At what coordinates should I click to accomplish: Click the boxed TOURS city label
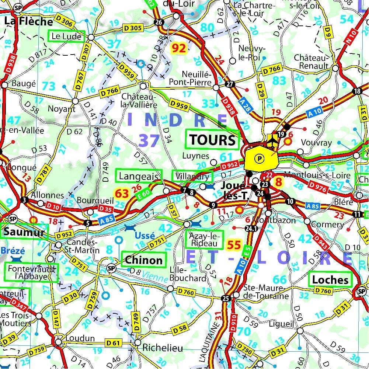pyautogui.click(x=212, y=140)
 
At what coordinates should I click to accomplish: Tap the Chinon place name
pyautogui.click(x=144, y=260)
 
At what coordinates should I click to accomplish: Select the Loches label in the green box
pyautogui.click(x=330, y=280)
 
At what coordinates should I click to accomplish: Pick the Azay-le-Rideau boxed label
pyautogui.click(x=205, y=239)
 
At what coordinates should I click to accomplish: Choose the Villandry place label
pyautogui.click(x=192, y=177)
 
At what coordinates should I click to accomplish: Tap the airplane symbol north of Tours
pyautogui.click(x=274, y=139)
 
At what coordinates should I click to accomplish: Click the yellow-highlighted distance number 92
pyautogui.click(x=178, y=48)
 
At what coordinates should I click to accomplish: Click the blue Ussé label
pyautogui.click(x=143, y=234)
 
